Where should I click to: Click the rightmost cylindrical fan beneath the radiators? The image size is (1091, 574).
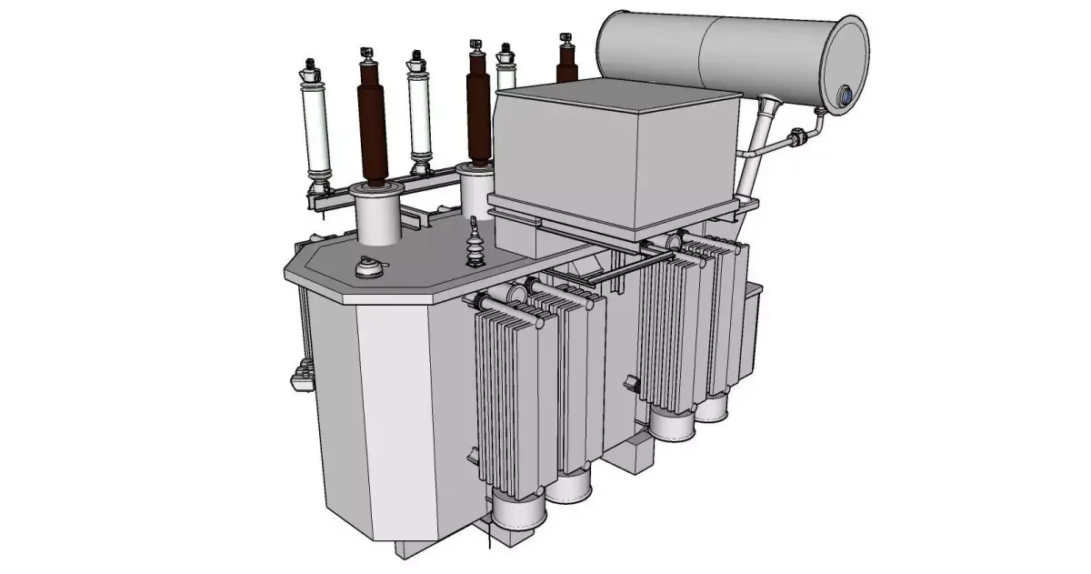(x=714, y=406)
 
